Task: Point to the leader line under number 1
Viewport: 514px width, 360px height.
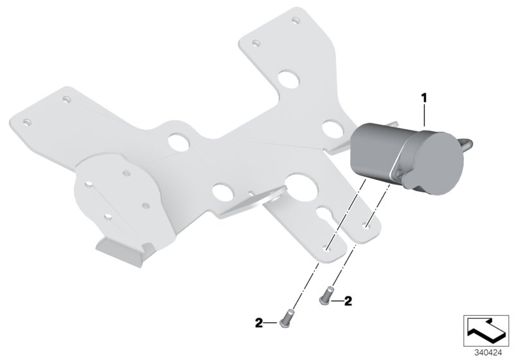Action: (x=424, y=116)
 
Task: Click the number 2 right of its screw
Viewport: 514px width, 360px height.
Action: (x=348, y=300)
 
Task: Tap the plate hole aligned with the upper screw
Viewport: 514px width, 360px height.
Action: (x=367, y=226)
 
